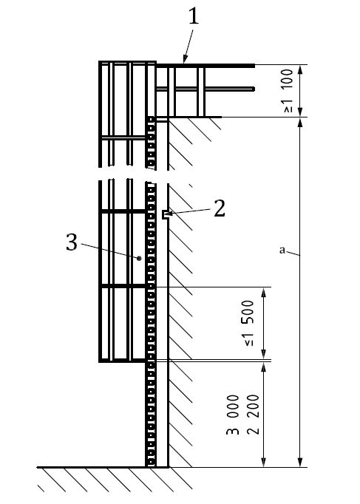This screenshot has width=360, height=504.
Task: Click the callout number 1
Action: click(x=194, y=16)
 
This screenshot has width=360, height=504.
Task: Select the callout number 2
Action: click(x=220, y=208)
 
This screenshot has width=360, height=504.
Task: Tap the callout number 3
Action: click(x=72, y=242)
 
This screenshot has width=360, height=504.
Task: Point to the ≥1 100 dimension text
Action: click(x=288, y=90)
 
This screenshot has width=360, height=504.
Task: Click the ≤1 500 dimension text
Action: click(x=248, y=323)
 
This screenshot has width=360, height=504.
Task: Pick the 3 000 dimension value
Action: click(x=233, y=415)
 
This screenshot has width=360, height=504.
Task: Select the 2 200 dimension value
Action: click(x=253, y=415)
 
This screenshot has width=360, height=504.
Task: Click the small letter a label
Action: click(x=282, y=250)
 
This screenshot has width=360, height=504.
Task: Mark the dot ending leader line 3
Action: click(x=139, y=258)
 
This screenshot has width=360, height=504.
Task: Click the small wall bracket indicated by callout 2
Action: click(x=165, y=215)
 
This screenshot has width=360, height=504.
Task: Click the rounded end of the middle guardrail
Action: click(x=254, y=89)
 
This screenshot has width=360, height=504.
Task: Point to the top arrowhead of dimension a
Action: click(x=300, y=123)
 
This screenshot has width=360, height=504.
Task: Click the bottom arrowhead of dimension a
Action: click(x=300, y=462)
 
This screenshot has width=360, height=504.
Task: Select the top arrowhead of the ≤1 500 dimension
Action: click(x=264, y=292)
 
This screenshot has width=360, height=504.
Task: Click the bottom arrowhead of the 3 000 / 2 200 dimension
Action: click(x=264, y=462)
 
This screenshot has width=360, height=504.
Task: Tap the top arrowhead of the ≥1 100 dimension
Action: click(x=300, y=69)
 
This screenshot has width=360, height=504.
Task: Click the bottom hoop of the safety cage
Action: click(x=122, y=361)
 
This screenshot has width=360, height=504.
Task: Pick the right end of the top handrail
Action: click(x=254, y=66)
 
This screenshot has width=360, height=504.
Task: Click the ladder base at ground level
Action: click(x=150, y=466)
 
